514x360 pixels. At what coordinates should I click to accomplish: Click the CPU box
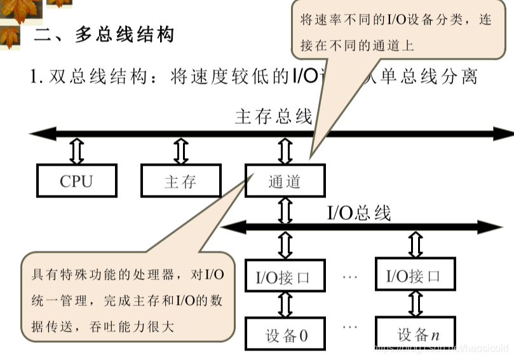[77, 181]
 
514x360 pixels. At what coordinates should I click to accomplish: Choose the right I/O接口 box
[414, 277]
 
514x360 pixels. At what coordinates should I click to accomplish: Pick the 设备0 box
[285, 335]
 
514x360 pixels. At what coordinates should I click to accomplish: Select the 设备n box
[416, 335]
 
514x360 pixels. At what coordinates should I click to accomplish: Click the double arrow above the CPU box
[77, 151]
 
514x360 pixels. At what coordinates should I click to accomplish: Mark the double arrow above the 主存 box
[181, 151]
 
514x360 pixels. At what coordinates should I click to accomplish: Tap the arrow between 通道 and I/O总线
[285, 209]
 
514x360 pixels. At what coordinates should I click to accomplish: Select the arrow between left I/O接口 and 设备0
[285, 305]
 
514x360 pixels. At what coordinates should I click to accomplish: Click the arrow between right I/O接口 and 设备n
[416, 305]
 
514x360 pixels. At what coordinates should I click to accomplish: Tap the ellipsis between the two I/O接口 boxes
[351, 277]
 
